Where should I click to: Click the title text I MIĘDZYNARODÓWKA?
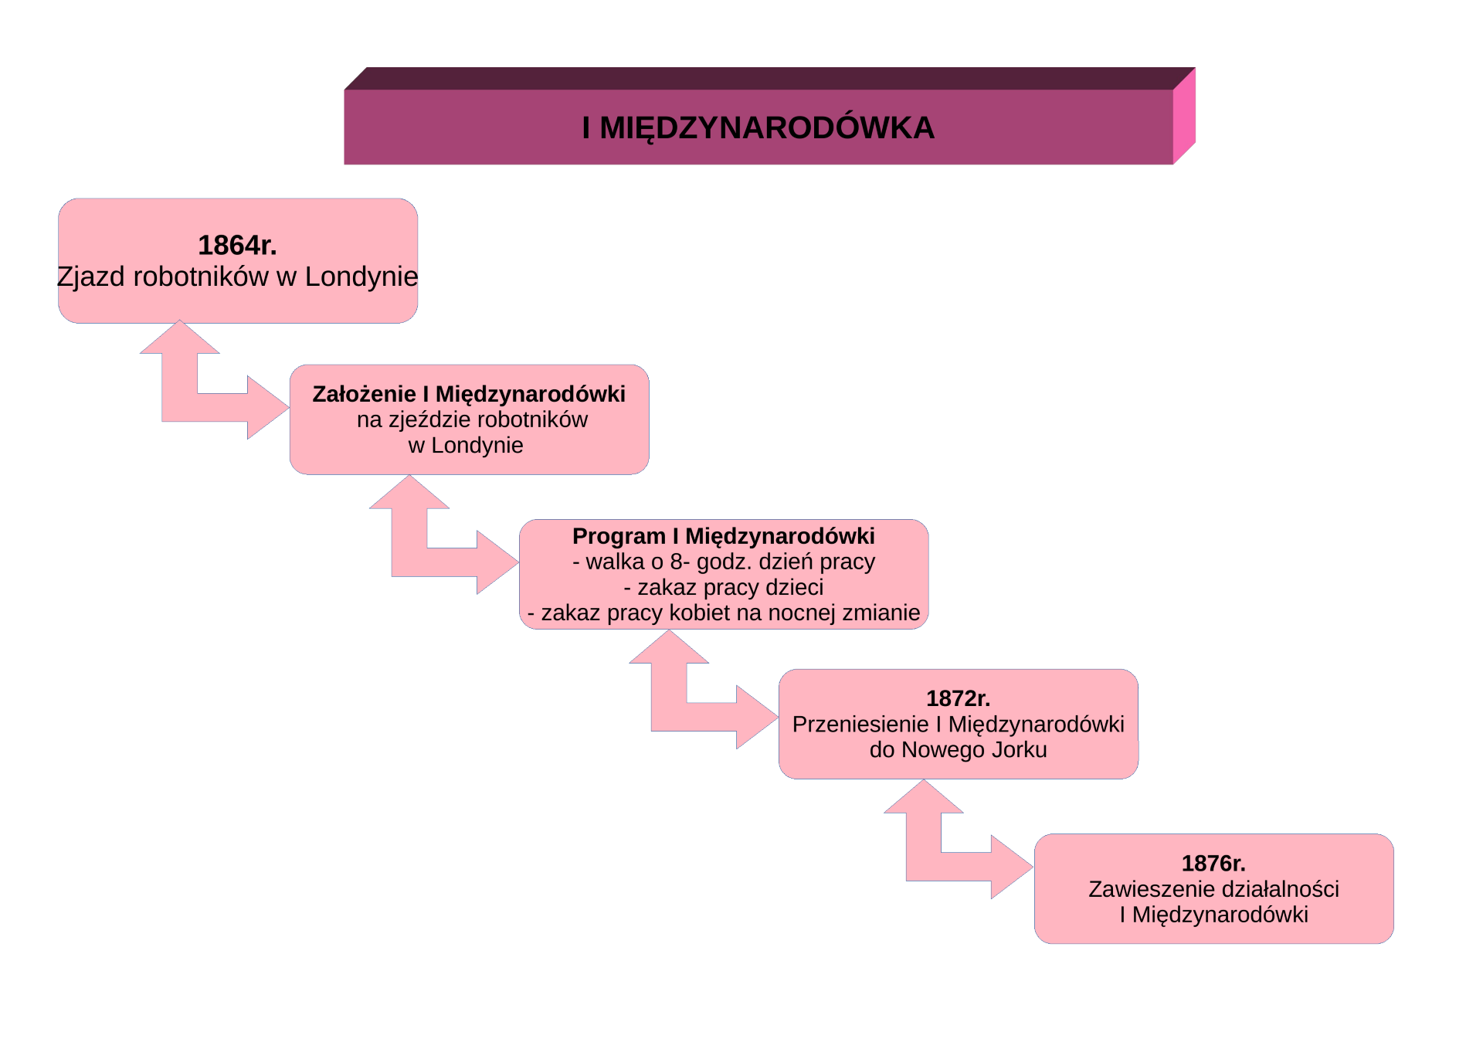tap(758, 128)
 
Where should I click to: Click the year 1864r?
tap(237, 245)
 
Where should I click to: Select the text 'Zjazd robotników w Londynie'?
tap(237, 277)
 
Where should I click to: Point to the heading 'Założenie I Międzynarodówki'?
tap(469, 394)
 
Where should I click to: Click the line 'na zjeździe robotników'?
tap(472, 419)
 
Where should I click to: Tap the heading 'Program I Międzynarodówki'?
tap(724, 536)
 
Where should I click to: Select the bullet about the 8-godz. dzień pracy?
tap(724, 562)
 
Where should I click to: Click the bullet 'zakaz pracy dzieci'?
tap(724, 587)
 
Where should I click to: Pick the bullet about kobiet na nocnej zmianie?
tap(724, 613)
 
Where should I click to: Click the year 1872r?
tap(958, 698)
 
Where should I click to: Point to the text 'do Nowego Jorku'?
tap(958, 749)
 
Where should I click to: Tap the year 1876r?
tap(1213, 864)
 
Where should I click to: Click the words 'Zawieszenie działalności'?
tap(1213, 889)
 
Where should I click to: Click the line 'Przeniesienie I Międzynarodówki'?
tap(958, 724)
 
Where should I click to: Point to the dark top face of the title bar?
tap(769, 79)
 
